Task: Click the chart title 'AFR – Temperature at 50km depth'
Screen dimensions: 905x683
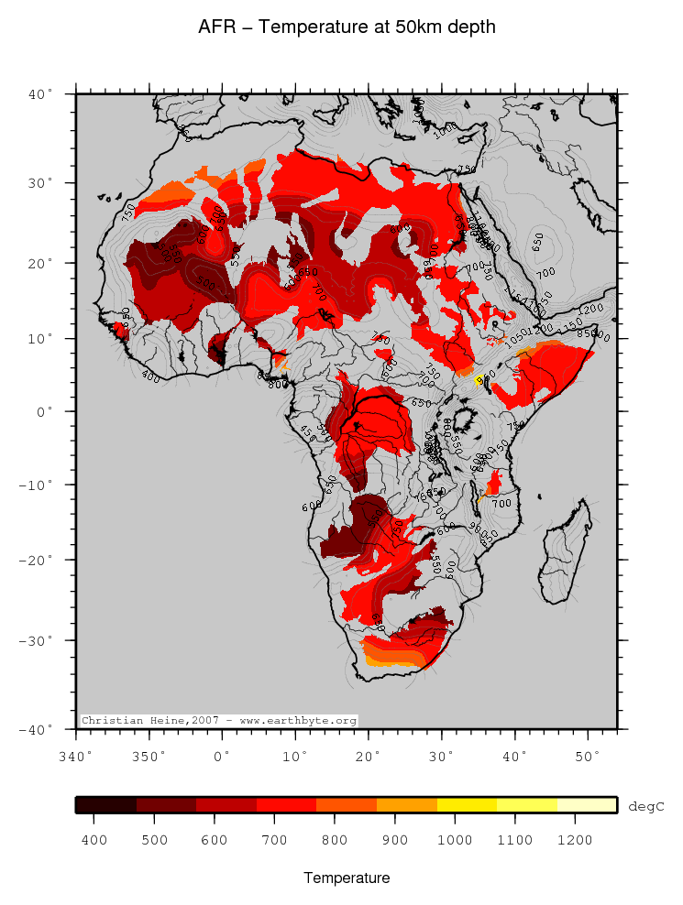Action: [x=347, y=27]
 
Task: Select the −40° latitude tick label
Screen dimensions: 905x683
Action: [x=39, y=729]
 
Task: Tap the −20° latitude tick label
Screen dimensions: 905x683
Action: [x=39, y=560]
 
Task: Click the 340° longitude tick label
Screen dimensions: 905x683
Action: [x=75, y=757]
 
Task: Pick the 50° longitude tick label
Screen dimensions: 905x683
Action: [x=587, y=757]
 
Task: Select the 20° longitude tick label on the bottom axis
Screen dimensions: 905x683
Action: [x=368, y=757]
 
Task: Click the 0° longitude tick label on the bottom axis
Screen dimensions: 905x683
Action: [x=222, y=757]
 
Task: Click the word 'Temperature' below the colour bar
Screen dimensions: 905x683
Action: [x=347, y=878]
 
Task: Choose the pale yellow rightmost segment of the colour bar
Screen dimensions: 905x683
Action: [x=587, y=805]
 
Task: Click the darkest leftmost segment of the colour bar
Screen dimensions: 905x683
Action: [x=105, y=805]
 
